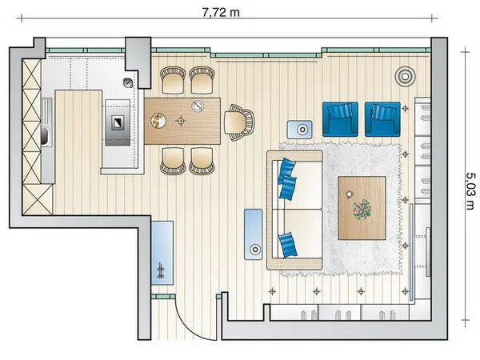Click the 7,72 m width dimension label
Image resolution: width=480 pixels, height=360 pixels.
point(221,13)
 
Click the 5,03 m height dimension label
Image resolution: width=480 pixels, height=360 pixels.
point(470,191)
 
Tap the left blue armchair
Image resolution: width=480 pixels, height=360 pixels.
point(340,119)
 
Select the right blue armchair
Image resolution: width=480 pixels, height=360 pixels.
point(382,119)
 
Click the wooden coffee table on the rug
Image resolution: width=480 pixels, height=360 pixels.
point(362,208)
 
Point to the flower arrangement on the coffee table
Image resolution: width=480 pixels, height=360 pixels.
point(362,209)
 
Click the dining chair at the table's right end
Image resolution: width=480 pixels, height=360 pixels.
point(239,122)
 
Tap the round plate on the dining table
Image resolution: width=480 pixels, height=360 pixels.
point(198,106)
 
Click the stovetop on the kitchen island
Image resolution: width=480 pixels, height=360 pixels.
point(118,122)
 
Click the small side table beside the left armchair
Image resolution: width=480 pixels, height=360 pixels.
point(300,130)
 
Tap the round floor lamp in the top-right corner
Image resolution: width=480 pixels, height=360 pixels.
point(405,77)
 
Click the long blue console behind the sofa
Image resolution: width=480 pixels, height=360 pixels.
point(253,234)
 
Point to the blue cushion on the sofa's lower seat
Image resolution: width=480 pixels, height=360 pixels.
point(288,244)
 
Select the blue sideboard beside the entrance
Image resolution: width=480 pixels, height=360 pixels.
point(162,253)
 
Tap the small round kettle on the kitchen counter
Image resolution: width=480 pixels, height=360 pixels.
point(128,82)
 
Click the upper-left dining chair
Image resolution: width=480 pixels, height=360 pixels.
point(173,80)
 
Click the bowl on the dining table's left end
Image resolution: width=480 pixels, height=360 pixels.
point(158,120)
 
